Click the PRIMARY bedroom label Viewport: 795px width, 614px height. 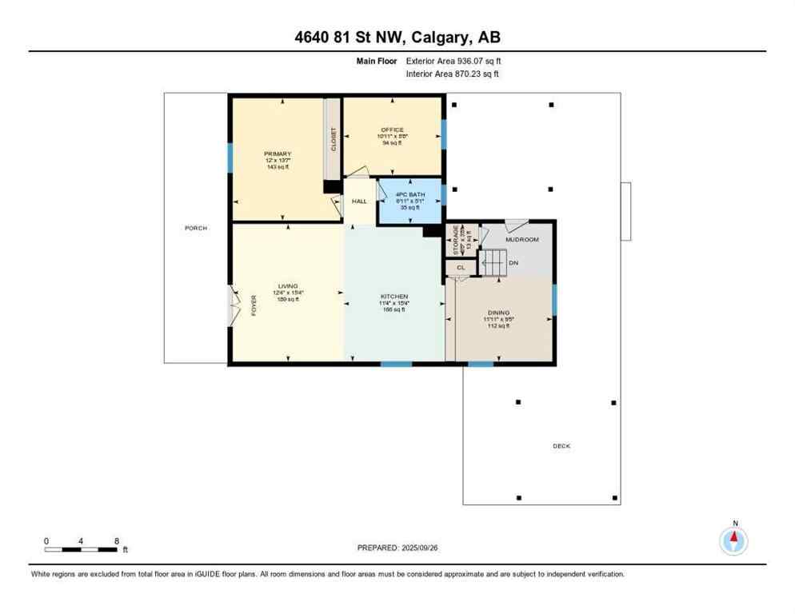[x=278, y=153]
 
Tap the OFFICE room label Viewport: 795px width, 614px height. [x=392, y=130]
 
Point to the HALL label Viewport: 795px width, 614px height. [x=359, y=201]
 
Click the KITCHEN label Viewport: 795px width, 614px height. [x=394, y=297]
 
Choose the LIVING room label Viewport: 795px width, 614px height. [x=288, y=286]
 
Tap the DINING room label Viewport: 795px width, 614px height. [x=499, y=313]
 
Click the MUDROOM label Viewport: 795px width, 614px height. [x=522, y=239]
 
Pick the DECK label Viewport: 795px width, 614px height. [x=561, y=446]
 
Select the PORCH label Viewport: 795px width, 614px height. [x=196, y=228]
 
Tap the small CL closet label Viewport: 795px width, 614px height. [x=461, y=268]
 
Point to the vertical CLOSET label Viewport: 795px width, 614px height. [x=333, y=140]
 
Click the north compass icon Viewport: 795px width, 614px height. [x=733, y=540]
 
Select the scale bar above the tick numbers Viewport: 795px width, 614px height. [x=82, y=549]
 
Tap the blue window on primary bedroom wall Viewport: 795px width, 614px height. [x=230, y=157]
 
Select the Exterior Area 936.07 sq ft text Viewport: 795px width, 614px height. [x=453, y=60]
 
